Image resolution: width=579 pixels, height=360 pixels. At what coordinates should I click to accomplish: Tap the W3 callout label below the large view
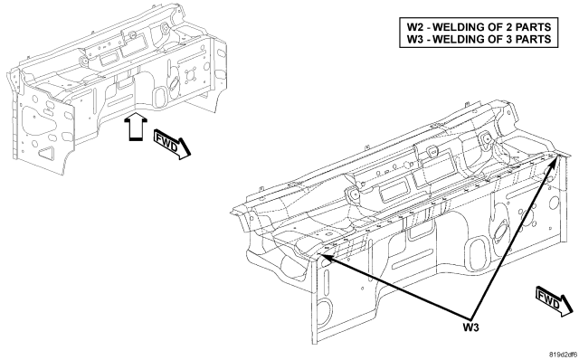tap(471, 327)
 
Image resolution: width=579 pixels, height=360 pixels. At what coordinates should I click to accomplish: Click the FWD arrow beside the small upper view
tap(173, 145)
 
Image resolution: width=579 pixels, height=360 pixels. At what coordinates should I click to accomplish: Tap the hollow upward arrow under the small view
tap(136, 127)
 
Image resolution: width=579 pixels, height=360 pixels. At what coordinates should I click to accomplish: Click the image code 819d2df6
tap(563, 355)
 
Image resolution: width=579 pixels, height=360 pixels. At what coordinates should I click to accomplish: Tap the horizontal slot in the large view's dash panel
tap(412, 261)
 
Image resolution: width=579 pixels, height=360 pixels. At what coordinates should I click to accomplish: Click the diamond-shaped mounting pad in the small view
tap(191, 76)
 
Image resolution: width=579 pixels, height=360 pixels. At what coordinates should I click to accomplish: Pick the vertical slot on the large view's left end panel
tap(326, 286)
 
